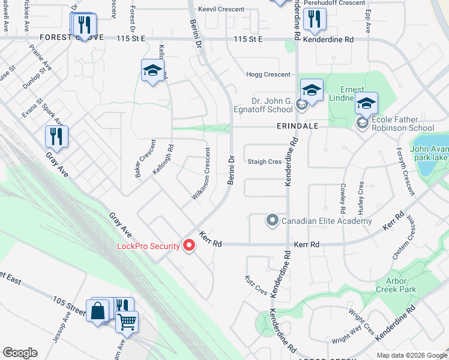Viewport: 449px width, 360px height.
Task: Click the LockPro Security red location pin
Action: tap(189, 245)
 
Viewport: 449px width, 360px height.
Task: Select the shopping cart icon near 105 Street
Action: tap(127, 322)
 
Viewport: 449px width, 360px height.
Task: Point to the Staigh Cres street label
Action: tap(265, 161)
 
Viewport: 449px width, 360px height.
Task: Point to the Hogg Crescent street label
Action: tap(268, 74)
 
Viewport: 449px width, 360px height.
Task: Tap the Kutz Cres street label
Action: tap(255, 285)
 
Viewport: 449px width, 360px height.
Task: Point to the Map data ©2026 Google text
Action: tap(412, 355)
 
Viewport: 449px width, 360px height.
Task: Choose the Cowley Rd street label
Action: tap(343, 199)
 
